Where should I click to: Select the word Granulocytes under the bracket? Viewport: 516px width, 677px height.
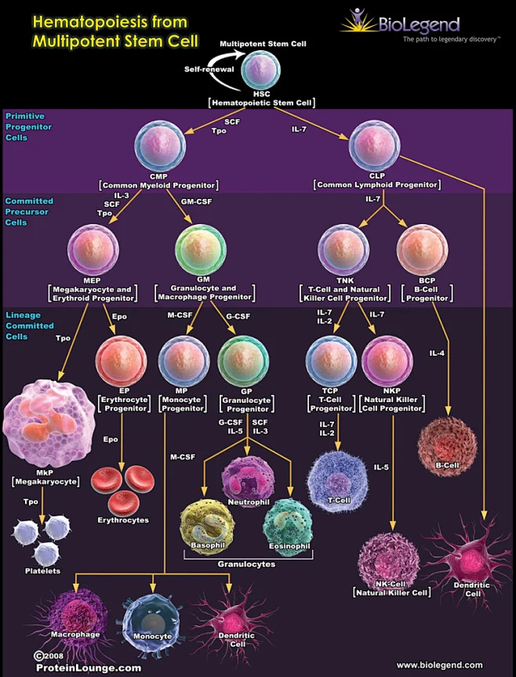247,563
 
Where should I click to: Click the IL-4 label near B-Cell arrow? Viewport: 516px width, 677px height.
437,353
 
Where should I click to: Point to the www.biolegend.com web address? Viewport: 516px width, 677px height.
439,664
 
